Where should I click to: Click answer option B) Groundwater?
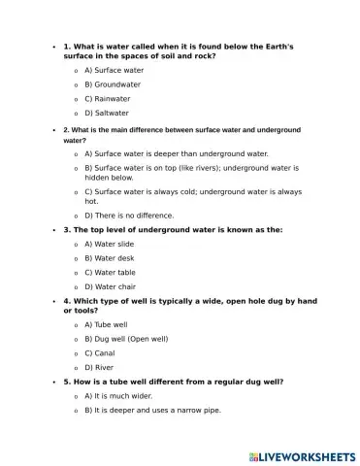click(113, 84)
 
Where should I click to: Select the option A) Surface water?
click(114, 71)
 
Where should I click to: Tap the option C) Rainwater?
click(107, 99)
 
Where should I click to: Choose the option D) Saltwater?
click(107, 114)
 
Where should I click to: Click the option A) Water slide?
click(109, 244)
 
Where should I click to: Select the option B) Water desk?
click(110, 258)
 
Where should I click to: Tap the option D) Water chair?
click(111, 286)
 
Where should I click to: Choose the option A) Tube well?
click(106, 324)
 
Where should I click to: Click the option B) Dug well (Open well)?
click(126, 339)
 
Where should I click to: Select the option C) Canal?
click(101, 353)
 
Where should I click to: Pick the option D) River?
click(100, 368)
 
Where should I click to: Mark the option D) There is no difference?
click(129, 216)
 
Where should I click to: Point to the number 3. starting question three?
click(67, 230)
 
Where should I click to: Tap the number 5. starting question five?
click(67, 382)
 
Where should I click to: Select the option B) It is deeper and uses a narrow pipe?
click(152, 411)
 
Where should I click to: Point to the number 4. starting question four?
click(67, 301)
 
